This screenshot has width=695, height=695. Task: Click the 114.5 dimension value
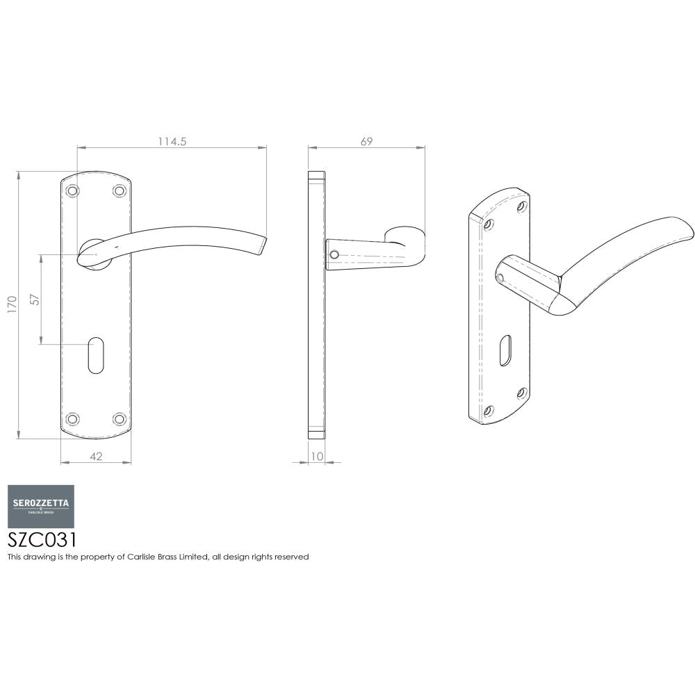click(x=172, y=141)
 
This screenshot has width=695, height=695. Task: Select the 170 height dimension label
click(x=11, y=304)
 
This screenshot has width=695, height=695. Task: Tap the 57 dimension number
click(x=34, y=300)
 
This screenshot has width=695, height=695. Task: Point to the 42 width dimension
click(x=96, y=456)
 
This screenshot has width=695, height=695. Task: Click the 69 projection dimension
click(x=366, y=141)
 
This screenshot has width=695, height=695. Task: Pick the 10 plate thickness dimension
click(x=318, y=456)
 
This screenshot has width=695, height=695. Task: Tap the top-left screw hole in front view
click(x=71, y=190)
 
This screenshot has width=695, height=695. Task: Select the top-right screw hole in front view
click(x=120, y=190)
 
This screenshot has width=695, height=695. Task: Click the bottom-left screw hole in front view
click(x=71, y=418)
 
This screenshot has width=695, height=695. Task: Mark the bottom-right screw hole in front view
click(x=120, y=418)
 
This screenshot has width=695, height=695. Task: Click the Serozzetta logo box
click(x=41, y=506)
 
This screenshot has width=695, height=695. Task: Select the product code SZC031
click(x=42, y=541)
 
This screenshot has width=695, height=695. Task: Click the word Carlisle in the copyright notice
click(x=142, y=557)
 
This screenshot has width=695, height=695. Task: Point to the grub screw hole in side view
click(x=334, y=255)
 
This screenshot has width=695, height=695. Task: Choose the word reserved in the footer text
click(x=293, y=557)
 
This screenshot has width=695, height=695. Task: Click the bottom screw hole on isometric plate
click(x=489, y=411)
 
